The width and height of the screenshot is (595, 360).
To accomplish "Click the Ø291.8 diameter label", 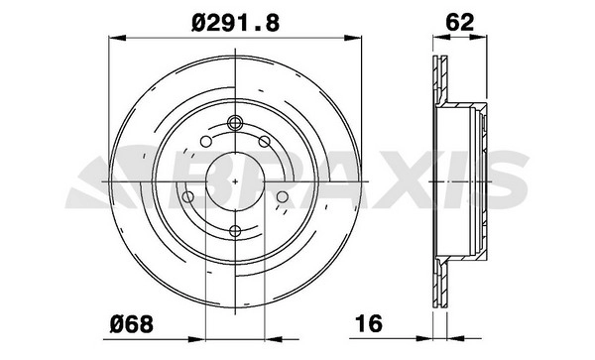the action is [x=235, y=23].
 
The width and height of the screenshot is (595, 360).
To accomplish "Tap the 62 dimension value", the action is [x=459, y=23].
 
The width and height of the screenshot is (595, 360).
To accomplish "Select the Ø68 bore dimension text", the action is [x=132, y=324].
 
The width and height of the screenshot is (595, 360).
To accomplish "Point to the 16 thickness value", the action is [x=369, y=323].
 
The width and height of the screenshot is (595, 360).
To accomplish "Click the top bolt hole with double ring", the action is [x=235, y=123].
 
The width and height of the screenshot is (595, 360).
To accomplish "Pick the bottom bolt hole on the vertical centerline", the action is [x=235, y=231].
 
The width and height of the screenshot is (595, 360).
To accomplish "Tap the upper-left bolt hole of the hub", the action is [x=206, y=142].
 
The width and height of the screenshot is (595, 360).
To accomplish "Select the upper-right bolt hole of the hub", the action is [x=264, y=142].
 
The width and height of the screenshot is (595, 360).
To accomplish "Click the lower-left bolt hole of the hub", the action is [x=187, y=197].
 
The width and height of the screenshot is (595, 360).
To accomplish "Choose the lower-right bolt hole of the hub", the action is [x=283, y=197].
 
